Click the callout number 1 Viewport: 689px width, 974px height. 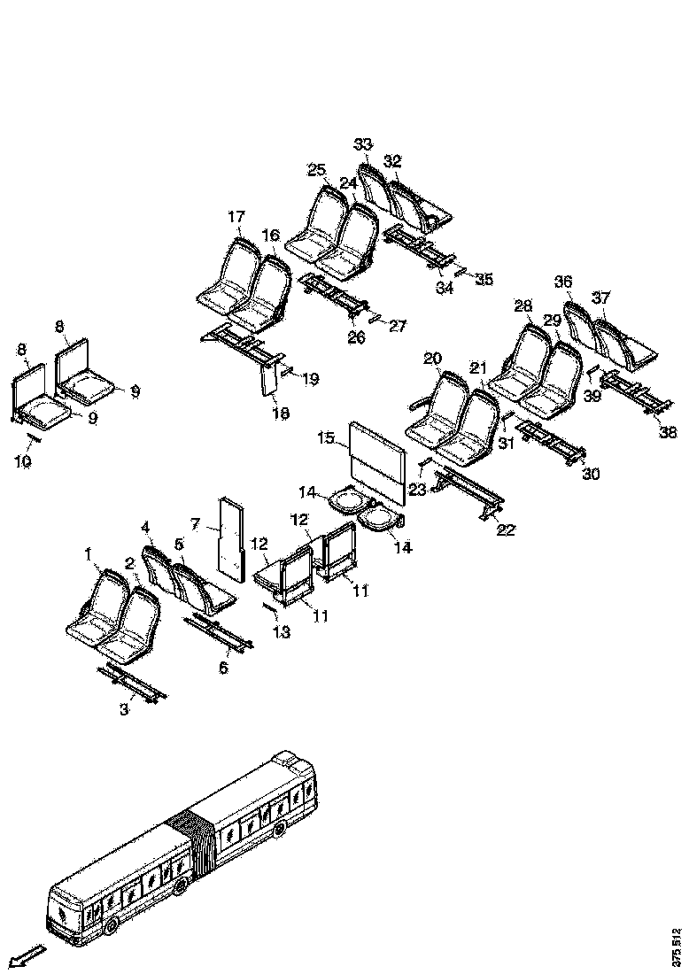(x=89, y=554)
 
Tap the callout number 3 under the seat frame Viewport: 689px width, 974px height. (x=124, y=708)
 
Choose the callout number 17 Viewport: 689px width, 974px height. (x=236, y=216)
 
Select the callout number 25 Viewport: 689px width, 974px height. (x=317, y=170)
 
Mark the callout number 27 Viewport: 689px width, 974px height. (x=397, y=326)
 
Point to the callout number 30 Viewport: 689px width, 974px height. (x=591, y=474)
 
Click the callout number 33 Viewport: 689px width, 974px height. (x=363, y=144)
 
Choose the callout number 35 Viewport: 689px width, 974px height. (x=484, y=279)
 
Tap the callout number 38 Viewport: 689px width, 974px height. (x=668, y=432)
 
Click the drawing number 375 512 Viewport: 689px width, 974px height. (x=677, y=945)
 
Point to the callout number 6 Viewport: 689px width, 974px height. (x=223, y=668)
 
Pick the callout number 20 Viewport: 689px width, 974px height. (x=431, y=358)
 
